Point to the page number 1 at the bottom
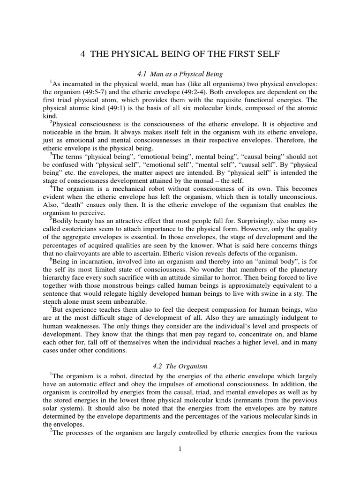tap(180, 449)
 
